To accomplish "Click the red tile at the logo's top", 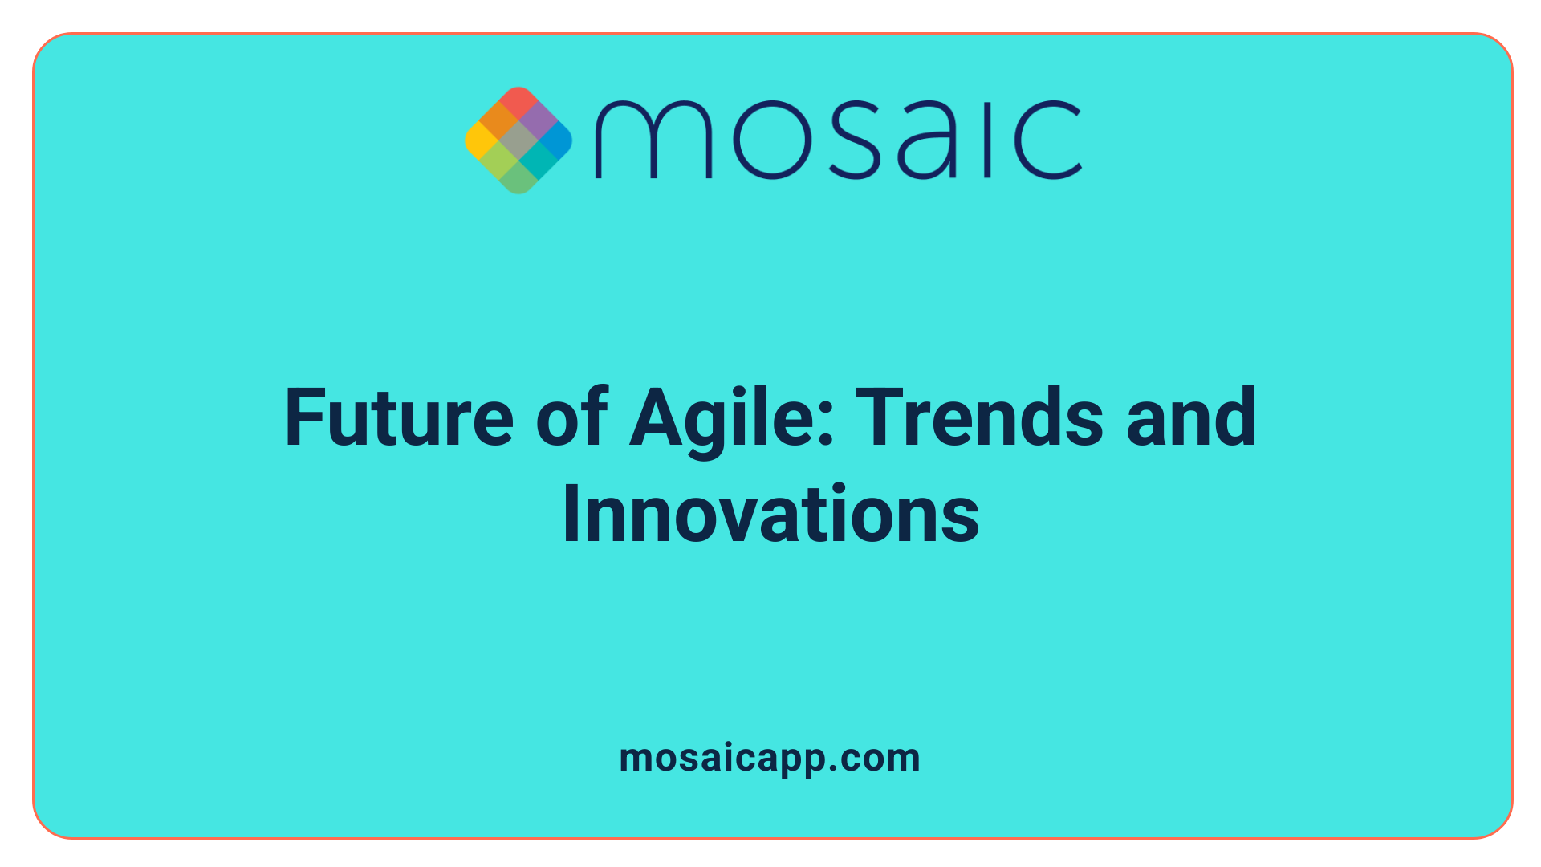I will [x=518, y=101].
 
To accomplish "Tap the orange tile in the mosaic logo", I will [x=499, y=121].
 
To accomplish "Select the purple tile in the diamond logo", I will [x=539, y=121].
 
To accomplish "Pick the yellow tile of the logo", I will [x=480, y=140].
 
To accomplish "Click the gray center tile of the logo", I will [x=518, y=140].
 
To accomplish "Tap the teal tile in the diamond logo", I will [x=538, y=160].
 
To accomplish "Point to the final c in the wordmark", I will [x=1047, y=140].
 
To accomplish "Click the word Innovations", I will [x=770, y=515].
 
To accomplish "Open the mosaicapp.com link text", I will [x=770, y=759].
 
